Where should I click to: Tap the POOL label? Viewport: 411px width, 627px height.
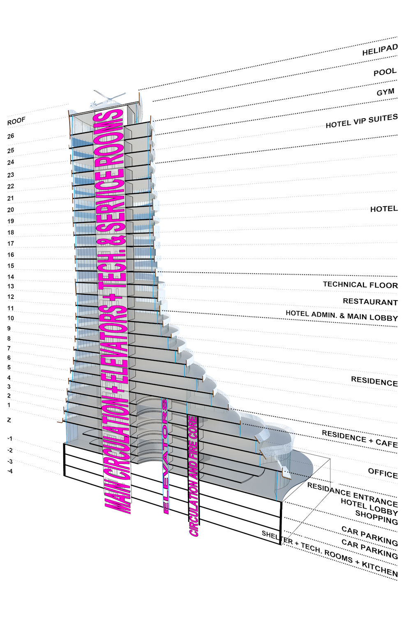pos(385,72)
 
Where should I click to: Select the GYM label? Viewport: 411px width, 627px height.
pos(386,92)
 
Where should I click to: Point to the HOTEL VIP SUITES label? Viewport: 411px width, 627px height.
pos(362,121)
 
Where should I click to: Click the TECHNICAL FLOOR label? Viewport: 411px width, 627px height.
pos(360,285)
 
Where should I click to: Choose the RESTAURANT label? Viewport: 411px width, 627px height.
pos(370,302)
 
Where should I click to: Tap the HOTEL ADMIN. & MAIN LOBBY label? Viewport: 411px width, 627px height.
pos(342,316)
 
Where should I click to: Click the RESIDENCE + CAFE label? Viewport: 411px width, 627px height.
pos(360,439)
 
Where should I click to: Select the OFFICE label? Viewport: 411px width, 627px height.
pos(383,473)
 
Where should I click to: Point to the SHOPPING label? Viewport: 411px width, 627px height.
pos(376,517)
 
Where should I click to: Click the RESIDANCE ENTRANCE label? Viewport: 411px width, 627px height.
pos(352,495)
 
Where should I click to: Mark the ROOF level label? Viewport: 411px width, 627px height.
pos(16,121)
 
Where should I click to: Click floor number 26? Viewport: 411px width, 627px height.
pos(10,136)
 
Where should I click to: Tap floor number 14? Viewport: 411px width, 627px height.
pos(10,277)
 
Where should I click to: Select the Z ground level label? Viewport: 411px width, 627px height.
pos(9,420)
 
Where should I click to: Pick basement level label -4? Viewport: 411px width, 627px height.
pos(9,471)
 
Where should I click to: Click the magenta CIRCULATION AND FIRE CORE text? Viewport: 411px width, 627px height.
pos(193,476)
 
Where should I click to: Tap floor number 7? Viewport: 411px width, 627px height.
pos(9,348)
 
